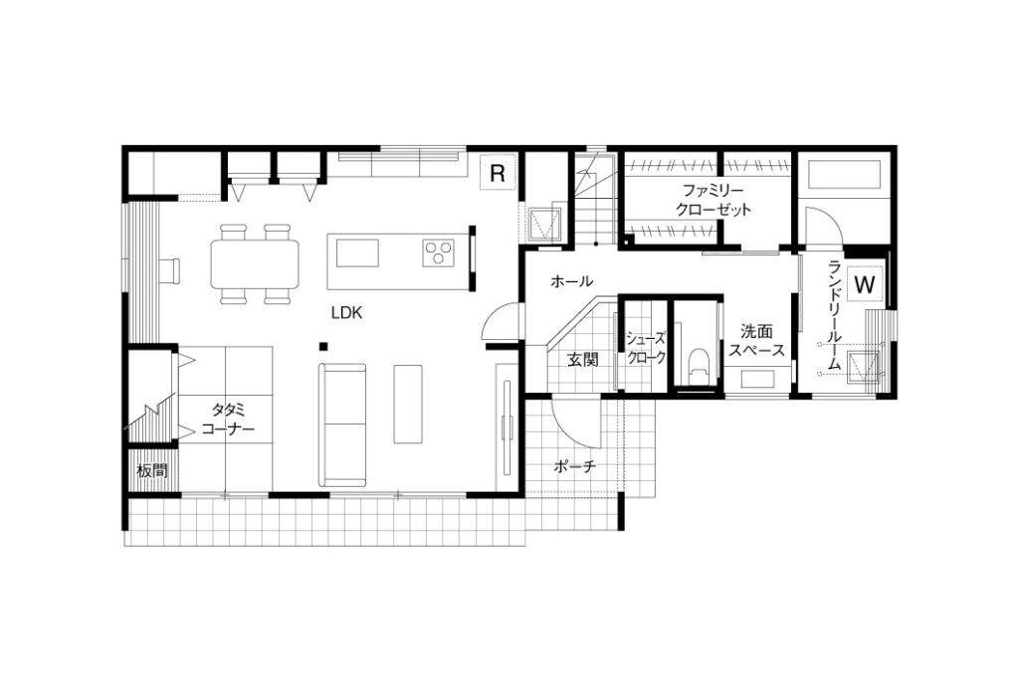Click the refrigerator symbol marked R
tap(498, 173)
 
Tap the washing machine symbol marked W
tap(865, 284)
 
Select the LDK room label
tap(346, 313)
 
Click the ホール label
tap(572, 281)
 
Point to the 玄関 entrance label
tap(582, 359)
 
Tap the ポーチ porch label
tap(575, 466)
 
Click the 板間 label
tap(152, 470)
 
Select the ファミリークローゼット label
tap(713, 200)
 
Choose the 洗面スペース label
tap(756, 341)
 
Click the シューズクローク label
tap(645, 348)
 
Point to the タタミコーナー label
tap(228, 420)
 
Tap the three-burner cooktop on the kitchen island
tap(438, 253)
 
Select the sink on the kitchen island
tap(357, 253)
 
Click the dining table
tap(255, 264)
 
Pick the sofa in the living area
tap(342, 424)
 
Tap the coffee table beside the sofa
tap(408, 404)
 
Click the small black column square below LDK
tap(323, 345)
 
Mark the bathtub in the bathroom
tap(844, 174)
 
